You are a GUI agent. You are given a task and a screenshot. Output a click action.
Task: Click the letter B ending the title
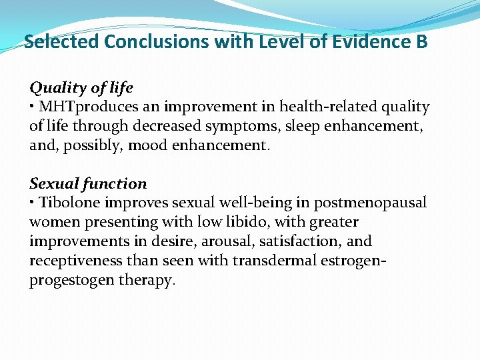(x=422, y=42)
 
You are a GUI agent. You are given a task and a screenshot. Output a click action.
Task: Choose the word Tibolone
(x=67, y=203)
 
